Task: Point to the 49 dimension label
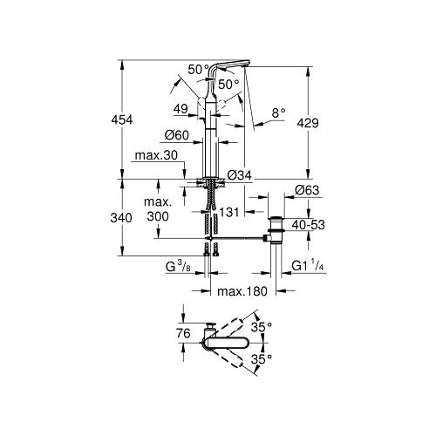(181, 108)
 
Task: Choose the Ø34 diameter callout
(239, 176)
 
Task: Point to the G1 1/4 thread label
(310, 265)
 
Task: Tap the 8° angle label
(277, 112)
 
